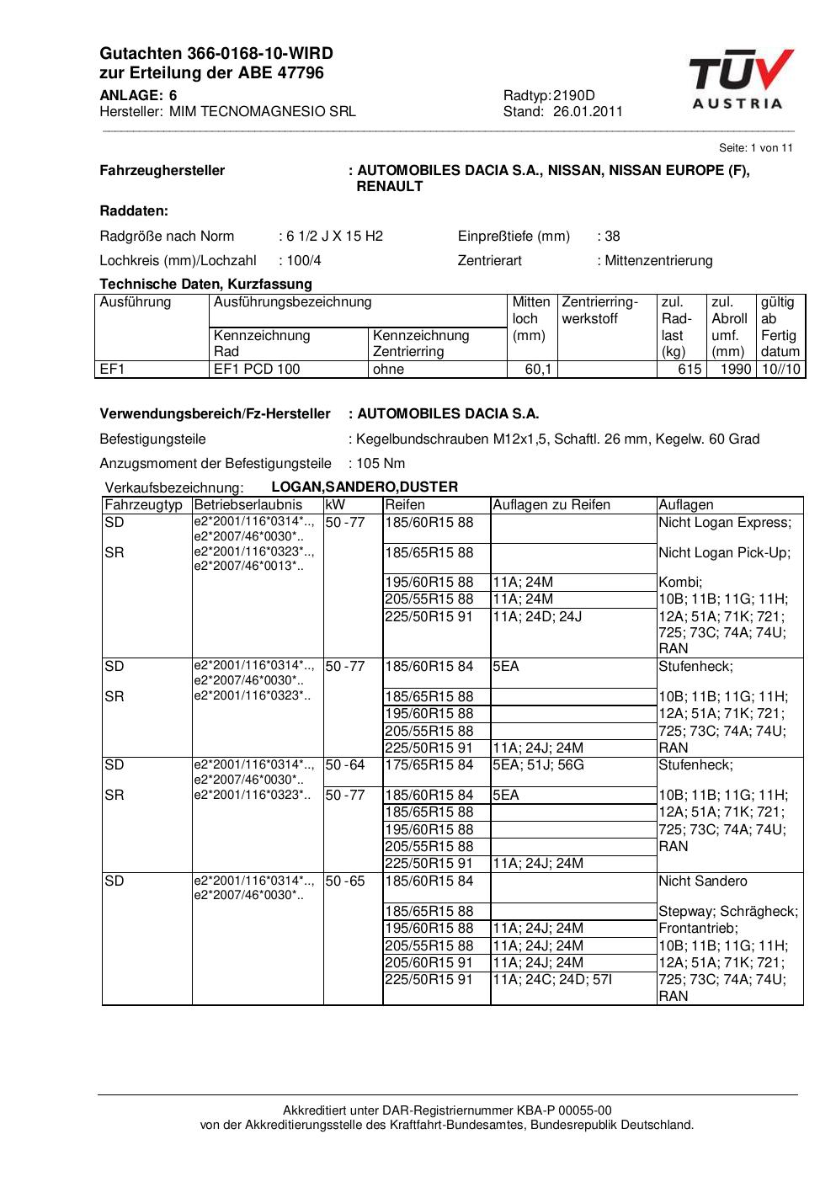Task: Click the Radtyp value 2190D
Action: coord(574,96)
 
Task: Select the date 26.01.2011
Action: coord(588,112)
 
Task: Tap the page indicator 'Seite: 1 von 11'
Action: coord(755,148)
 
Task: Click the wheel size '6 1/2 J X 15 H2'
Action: coord(334,237)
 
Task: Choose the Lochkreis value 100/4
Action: coord(304,261)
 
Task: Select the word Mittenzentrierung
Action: coord(658,261)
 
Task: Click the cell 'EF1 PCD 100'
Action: coord(257,370)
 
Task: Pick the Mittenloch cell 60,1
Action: coord(538,370)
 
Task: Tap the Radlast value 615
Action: coord(690,370)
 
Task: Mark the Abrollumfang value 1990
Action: coord(735,370)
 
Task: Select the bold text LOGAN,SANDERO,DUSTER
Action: coord(365,487)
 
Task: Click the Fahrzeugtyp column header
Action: coord(143,505)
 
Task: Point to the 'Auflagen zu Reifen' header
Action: coord(551,505)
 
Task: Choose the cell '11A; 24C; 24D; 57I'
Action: coord(552,980)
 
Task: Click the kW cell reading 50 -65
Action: coord(345,881)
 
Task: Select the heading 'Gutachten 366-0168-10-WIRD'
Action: coord(216,54)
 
